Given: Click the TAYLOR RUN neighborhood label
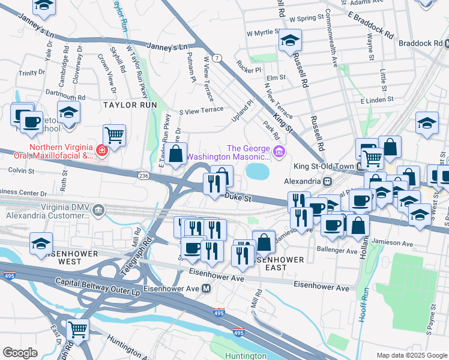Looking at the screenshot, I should pyautogui.click(x=130, y=105).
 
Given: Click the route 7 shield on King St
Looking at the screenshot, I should pyautogui.click(x=217, y=58).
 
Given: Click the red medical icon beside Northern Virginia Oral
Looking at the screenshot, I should pyautogui.click(x=102, y=150).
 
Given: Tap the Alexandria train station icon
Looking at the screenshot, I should pyautogui.click(x=327, y=181).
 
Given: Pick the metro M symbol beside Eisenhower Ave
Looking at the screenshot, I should pyautogui.click(x=206, y=289).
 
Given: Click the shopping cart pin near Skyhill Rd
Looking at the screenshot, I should pyautogui.click(x=114, y=135).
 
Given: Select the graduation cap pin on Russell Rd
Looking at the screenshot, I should pyautogui.click(x=290, y=40).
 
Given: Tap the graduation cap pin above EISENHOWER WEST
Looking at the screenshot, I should pyautogui.click(x=41, y=243).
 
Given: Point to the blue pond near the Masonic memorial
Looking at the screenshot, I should pyautogui.click(x=257, y=172).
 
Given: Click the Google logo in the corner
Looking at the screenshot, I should pyautogui.click(x=20, y=352).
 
